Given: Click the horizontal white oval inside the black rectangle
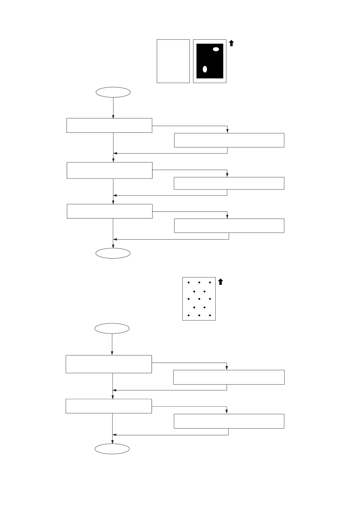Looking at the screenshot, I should [x=216, y=49].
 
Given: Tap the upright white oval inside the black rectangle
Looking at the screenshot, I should [x=205, y=69].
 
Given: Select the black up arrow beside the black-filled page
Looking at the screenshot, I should [x=232, y=43].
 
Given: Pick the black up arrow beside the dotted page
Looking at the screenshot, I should [x=221, y=282].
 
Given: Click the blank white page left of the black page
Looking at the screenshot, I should [x=173, y=61].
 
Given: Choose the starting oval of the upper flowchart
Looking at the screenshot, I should [x=113, y=92].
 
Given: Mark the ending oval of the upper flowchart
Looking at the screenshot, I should [x=113, y=253].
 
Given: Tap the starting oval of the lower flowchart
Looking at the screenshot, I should [x=112, y=328].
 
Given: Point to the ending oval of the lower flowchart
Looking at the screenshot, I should [x=112, y=449].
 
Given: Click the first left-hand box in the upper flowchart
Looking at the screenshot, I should [x=109, y=125].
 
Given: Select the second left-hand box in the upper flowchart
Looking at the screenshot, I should [x=110, y=170].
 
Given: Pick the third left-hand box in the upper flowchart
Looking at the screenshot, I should [x=110, y=211].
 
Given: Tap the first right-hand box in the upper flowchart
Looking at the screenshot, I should [x=229, y=140].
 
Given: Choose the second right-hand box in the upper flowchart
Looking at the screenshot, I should [x=229, y=183].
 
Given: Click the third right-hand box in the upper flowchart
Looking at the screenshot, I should [x=229, y=226].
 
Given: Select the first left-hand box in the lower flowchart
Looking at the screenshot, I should [x=109, y=364].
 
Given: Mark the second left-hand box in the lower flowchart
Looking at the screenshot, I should [x=109, y=406].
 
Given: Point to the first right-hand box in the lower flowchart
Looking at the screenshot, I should [x=229, y=377].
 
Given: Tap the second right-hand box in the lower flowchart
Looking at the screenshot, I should [x=229, y=421].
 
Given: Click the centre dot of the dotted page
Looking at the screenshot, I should [x=199, y=299].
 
